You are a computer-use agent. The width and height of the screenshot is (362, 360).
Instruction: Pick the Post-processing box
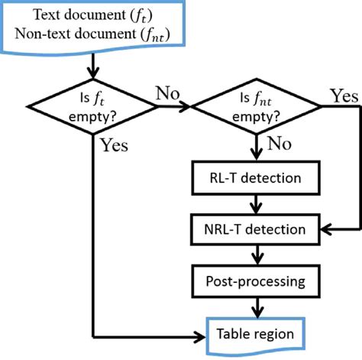[x=257, y=281]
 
